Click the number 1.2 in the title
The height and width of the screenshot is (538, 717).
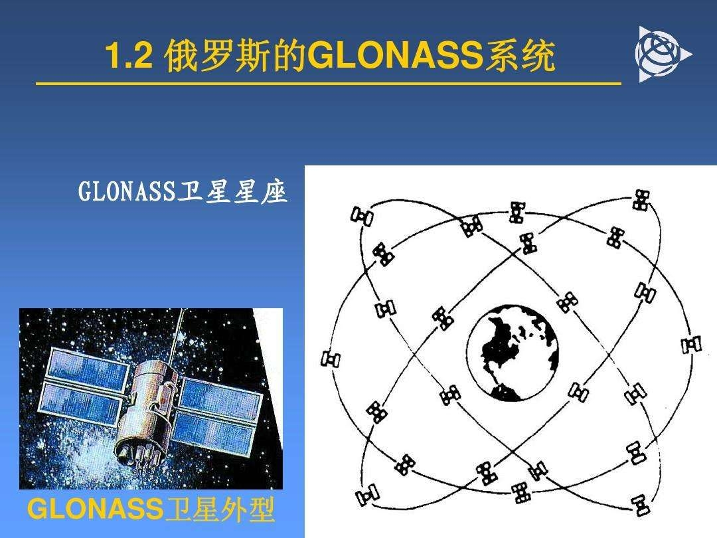[129, 56]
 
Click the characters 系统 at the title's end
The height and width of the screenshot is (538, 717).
[520, 56]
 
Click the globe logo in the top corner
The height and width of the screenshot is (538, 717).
[662, 54]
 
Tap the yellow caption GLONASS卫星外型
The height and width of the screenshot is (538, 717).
[151, 509]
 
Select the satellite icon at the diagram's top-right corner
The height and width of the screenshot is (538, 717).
[641, 200]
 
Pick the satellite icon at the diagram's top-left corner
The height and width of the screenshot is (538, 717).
[361, 215]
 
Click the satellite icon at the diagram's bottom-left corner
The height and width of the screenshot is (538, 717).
[367, 495]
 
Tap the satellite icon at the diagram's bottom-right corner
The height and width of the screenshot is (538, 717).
[640, 505]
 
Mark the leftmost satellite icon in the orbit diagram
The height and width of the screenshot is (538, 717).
[331, 359]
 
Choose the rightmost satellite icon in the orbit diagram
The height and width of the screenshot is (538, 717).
[691, 345]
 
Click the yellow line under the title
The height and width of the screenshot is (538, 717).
[329, 84]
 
